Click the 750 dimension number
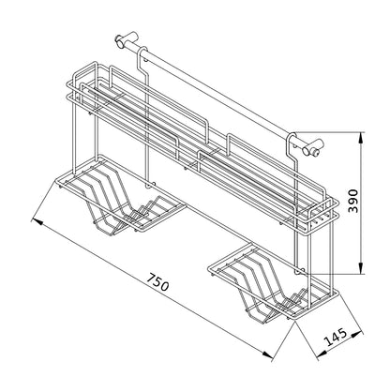pos(158,282)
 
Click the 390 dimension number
pos(353,201)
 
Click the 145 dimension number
pos(337,337)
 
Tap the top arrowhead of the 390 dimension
pos(361,138)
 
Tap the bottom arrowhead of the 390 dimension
pos(361,268)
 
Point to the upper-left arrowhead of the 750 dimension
pos(37,221)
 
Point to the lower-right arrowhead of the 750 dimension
pos(267,354)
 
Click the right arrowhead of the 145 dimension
pos(357,335)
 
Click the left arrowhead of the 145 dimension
pos(322,354)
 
